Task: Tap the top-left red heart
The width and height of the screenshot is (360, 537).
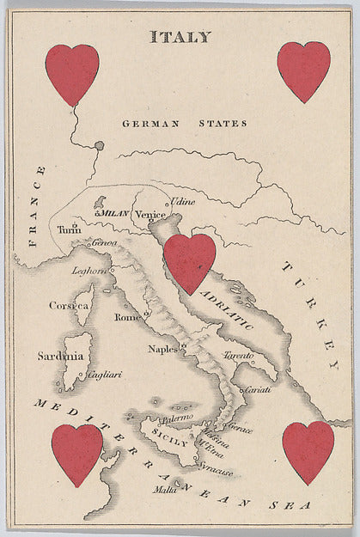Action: [x=72, y=72]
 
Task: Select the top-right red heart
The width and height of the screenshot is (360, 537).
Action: [x=303, y=70]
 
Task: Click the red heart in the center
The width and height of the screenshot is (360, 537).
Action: [x=190, y=262]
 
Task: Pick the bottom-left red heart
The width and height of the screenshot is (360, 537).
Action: [x=77, y=452]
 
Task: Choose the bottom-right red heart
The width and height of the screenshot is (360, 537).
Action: [x=308, y=450]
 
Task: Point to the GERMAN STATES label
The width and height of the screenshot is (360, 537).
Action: [x=184, y=124]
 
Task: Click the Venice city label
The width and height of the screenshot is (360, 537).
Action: [x=149, y=214]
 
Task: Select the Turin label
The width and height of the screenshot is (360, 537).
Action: [x=69, y=230]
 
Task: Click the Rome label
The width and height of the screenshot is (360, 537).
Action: [x=127, y=317]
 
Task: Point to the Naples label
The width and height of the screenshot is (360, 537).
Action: [x=162, y=349]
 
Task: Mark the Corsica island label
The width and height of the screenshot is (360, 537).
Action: [x=69, y=305]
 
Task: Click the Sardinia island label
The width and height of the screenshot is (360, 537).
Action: [x=60, y=356]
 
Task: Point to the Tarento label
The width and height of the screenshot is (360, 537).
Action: [x=240, y=356]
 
